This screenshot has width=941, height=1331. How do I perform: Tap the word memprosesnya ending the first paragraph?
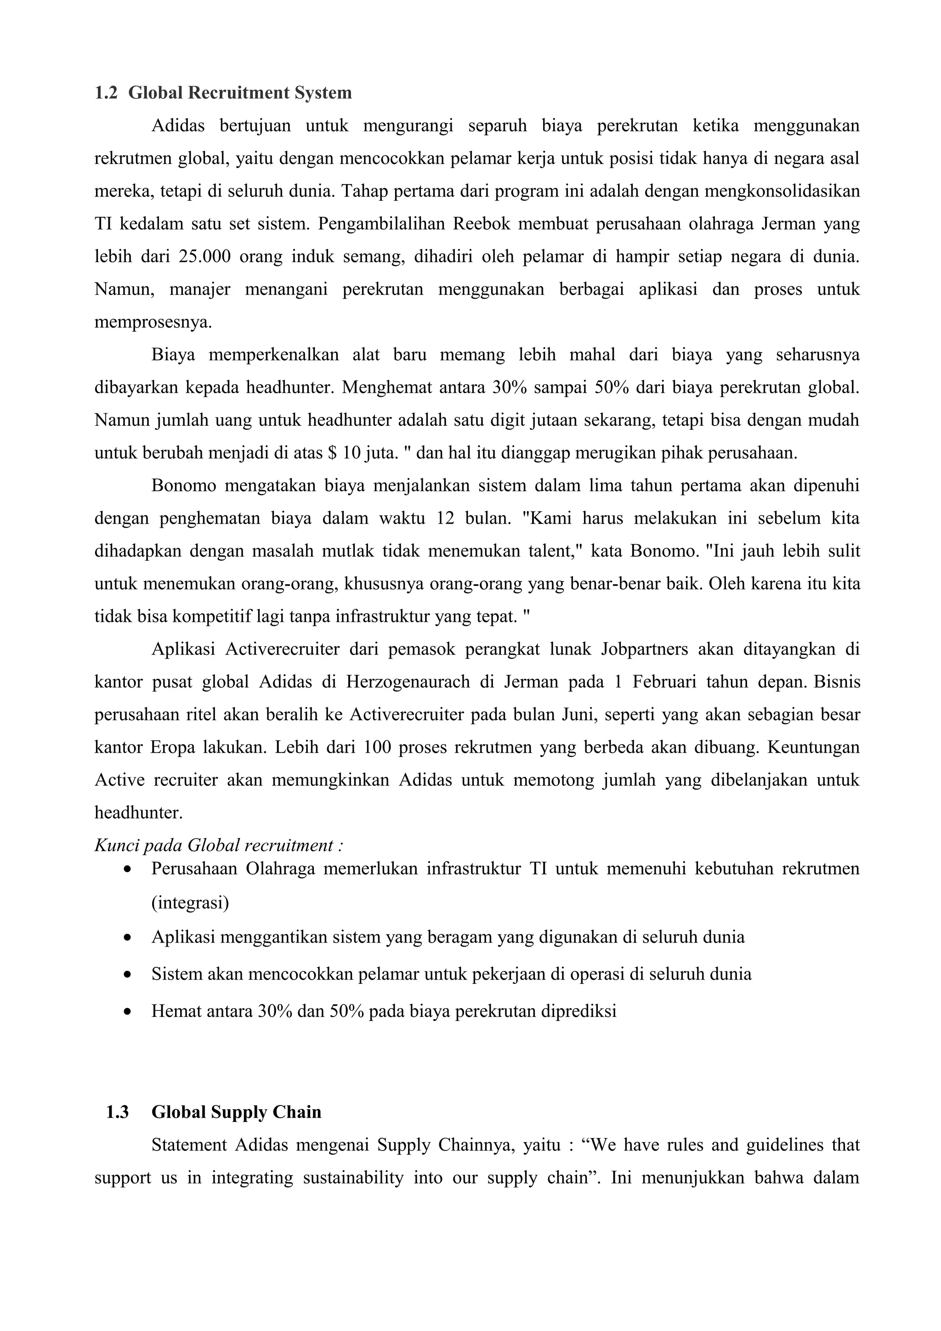pos(153,322)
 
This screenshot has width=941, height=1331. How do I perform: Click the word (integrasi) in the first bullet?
pos(190,902)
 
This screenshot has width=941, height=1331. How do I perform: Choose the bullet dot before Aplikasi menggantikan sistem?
pos(128,937)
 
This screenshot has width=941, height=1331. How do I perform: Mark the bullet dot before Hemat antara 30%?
pos(128,1012)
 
